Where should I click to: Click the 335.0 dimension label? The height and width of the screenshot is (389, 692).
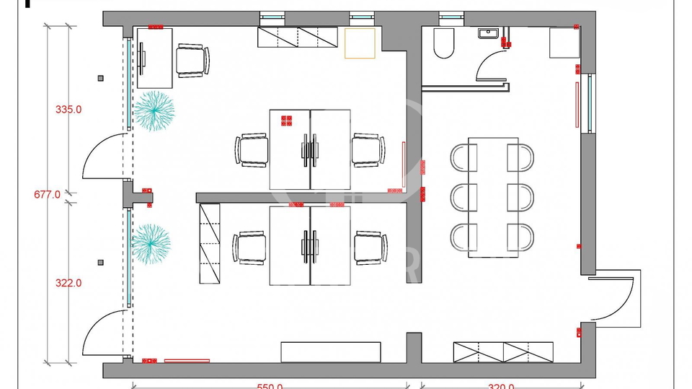69,110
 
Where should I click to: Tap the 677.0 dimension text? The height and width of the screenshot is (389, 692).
48,194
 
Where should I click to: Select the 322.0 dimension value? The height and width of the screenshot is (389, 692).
69,284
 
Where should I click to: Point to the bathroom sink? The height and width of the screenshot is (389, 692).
489,33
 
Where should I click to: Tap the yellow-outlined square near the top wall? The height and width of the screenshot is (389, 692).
360,43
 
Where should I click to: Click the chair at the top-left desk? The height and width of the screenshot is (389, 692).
192,60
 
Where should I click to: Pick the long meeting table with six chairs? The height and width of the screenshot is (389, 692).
493,196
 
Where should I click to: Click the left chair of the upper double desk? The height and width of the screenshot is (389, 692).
252,150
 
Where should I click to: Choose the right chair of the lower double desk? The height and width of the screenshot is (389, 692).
371,248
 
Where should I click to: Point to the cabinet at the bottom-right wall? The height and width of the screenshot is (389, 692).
504,351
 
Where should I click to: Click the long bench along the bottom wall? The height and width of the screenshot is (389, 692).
331,351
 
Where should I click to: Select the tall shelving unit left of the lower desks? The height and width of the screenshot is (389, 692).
209,243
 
